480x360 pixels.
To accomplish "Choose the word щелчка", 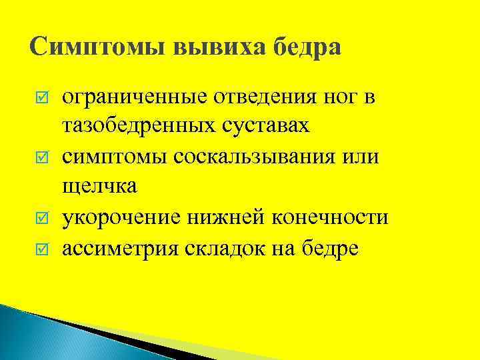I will (x=100, y=189).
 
